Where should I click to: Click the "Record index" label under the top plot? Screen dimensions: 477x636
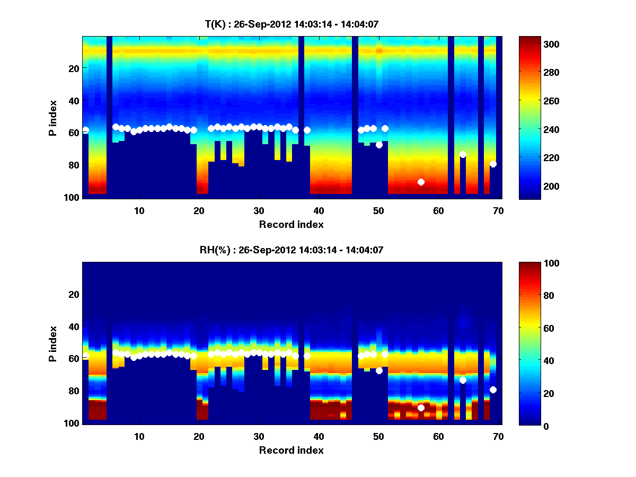click(291, 225)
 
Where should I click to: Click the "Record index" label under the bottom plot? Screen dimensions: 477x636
click(291, 450)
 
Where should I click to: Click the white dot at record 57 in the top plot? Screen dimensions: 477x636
click(421, 182)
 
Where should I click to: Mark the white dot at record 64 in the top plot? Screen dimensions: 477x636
click(463, 154)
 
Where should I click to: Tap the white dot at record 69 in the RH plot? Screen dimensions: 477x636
click(493, 390)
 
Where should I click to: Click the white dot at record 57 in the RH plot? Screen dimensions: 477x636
click(421, 408)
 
